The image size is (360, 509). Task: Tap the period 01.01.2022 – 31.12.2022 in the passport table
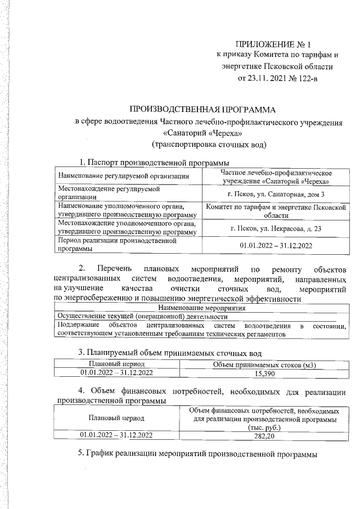pos(276,245)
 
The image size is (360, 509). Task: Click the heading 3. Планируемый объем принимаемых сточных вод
pos(169,353)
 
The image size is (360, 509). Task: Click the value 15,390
pos(264,373)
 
